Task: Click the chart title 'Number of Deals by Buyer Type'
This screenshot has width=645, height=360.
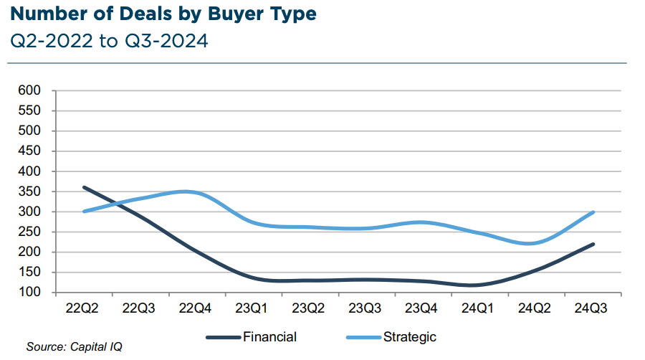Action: [164, 14]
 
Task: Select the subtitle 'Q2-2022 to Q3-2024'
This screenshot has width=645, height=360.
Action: [110, 41]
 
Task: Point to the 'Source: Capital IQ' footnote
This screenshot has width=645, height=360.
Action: [75, 347]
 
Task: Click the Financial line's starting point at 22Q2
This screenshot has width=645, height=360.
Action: [85, 187]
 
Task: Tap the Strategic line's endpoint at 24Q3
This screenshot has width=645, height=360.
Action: [593, 212]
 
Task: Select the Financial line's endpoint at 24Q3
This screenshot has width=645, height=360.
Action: [593, 245]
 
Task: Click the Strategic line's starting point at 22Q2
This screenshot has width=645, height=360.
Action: [85, 212]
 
